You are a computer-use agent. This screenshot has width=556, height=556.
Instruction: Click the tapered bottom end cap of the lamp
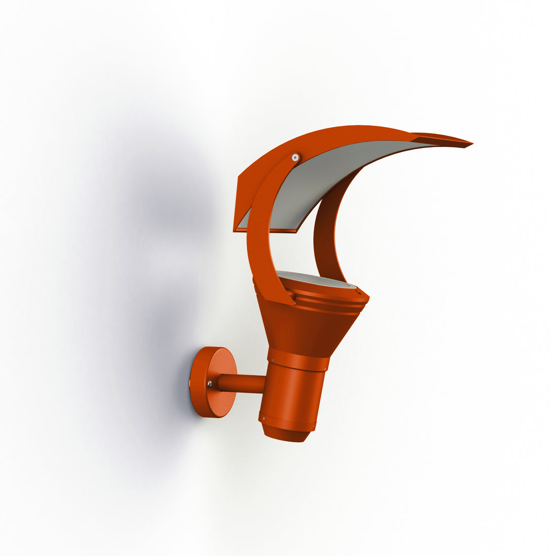(286, 433)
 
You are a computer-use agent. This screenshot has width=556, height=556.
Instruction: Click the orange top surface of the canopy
(323, 134)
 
